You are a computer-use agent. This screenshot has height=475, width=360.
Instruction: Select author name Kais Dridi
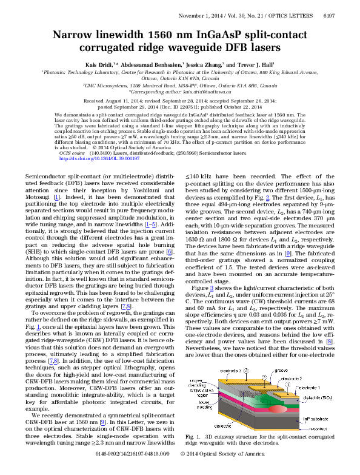point(97,64)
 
